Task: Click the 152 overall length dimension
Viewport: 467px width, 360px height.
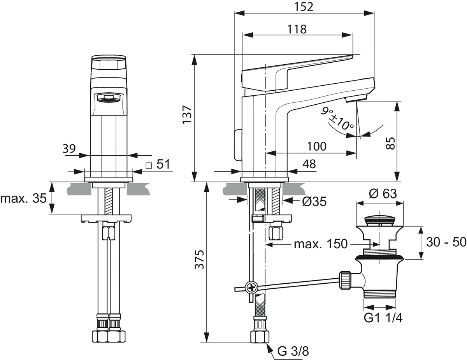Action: tap(304, 7)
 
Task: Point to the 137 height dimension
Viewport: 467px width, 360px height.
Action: tap(187, 114)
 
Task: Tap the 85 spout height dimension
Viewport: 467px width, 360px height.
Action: tap(391, 143)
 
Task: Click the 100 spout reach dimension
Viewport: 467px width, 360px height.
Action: tap(316, 146)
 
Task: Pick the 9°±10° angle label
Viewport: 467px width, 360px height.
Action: tap(337, 119)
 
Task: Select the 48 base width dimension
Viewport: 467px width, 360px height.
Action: tap(309, 164)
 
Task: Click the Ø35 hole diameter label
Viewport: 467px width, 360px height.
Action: tap(314, 201)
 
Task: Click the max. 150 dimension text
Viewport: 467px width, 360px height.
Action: tap(320, 244)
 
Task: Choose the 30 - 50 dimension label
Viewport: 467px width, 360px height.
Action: tap(446, 242)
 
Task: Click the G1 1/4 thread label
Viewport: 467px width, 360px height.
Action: tap(383, 318)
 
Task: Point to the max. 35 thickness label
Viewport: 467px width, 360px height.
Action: tap(23, 198)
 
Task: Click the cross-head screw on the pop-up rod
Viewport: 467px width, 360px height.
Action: tap(252, 288)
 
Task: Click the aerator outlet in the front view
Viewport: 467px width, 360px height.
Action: tap(109, 98)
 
